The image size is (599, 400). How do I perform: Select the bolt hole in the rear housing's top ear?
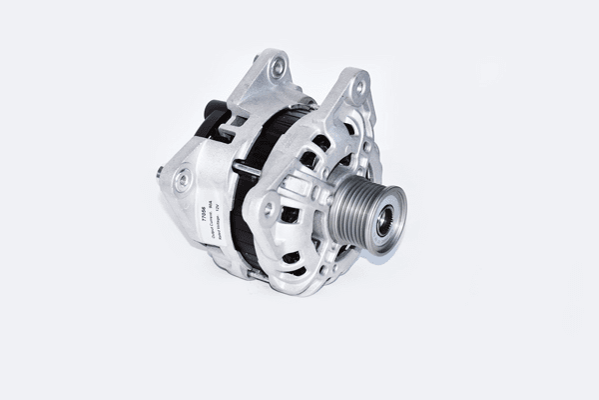coord(278,67)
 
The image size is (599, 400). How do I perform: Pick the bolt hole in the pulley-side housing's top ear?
coord(357,89)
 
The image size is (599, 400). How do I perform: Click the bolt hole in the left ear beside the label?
coord(182,180)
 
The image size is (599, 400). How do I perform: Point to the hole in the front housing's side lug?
coord(268,209)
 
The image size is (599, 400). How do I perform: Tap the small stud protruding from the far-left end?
coord(160,172)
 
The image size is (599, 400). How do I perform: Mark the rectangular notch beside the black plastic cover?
coord(237,121)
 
